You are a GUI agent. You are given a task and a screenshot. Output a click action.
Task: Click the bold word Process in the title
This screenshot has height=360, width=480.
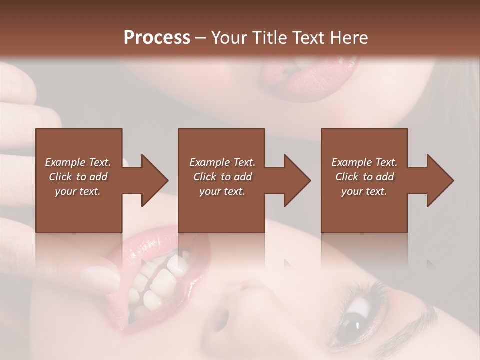pyautogui.click(x=157, y=38)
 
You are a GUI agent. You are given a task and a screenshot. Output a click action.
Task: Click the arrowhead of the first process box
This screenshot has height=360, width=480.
pyautogui.click(x=154, y=180)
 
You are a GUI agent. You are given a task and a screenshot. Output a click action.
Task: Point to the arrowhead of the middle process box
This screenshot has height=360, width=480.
pyautogui.click(x=297, y=180)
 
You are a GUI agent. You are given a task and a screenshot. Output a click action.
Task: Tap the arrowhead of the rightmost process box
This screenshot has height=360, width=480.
pyautogui.click(x=440, y=180)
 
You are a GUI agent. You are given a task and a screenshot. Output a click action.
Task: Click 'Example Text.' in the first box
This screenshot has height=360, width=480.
pyautogui.click(x=78, y=162)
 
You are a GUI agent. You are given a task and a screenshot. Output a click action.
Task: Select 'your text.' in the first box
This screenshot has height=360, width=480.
pyautogui.click(x=78, y=191)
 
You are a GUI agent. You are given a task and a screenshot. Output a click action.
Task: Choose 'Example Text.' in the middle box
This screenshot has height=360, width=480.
pyautogui.click(x=222, y=162)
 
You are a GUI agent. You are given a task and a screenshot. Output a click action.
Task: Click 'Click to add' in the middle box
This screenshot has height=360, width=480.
pyautogui.click(x=222, y=177)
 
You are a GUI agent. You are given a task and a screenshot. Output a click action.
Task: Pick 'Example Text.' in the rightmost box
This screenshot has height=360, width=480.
pyautogui.click(x=364, y=162)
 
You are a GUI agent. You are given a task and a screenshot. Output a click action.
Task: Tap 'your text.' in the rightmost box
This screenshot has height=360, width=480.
pyautogui.click(x=364, y=191)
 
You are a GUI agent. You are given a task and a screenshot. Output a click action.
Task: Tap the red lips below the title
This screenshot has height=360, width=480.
pyautogui.click(x=305, y=80)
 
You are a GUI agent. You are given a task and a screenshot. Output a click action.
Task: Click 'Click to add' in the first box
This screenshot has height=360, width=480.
pyautogui.click(x=78, y=177)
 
